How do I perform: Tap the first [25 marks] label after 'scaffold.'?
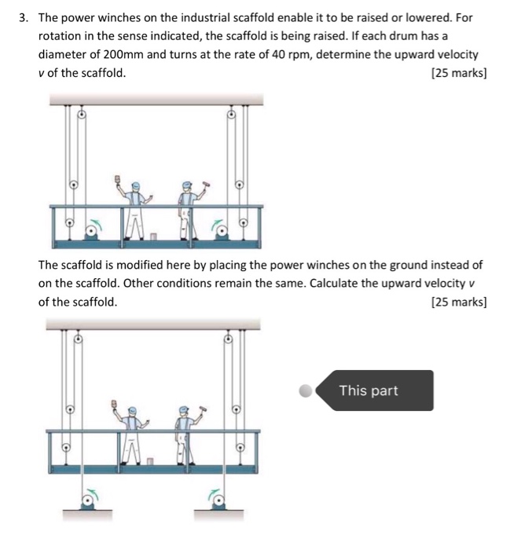pos(459,73)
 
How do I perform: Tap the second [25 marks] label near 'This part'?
pos(459,302)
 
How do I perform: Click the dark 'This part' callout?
pos(374,390)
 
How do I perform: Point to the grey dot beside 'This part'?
pos(305,390)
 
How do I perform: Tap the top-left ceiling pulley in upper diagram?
pos(79,115)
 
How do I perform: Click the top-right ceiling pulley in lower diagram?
pos(229,340)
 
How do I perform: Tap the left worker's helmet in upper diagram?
pos(135,185)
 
